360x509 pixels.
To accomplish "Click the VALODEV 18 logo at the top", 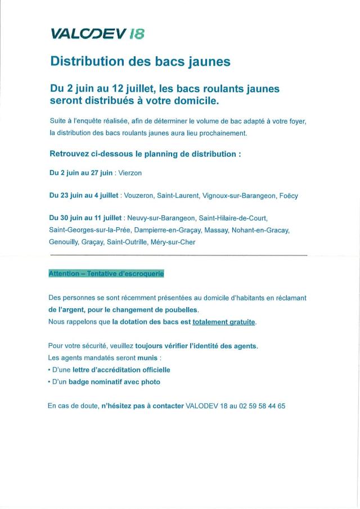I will (x=97, y=34).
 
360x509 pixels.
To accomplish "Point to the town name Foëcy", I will (x=289, y=196).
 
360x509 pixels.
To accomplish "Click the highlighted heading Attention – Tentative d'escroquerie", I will (x=106, y=273).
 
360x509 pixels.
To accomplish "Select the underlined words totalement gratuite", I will (x=224, y=322).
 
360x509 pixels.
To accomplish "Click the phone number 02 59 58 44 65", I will (x=262, y=405).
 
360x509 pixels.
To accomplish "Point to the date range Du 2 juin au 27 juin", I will (x=82, y=174).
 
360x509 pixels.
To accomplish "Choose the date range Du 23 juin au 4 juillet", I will (x=84, y=196).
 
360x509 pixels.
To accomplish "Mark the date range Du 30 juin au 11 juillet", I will (x=86, y=218).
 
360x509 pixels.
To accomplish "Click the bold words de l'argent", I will (x=66, y=310).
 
